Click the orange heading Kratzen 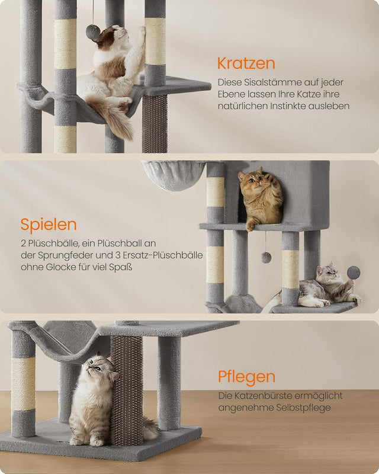pos(246,63)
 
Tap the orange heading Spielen pos(49,225)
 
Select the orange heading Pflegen pos(246,377)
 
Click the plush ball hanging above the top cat pos(93,32)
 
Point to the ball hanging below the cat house pos(266,257)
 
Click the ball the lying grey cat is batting pos(354,273)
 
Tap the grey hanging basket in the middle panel pos(174,175)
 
